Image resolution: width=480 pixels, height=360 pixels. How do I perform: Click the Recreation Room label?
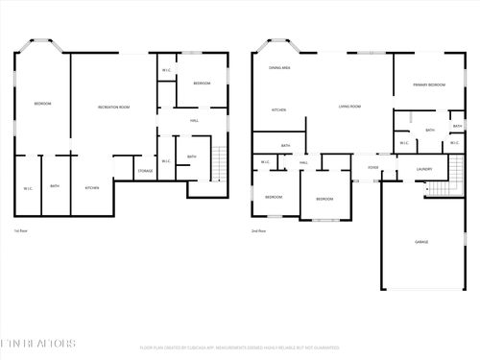point(113,107)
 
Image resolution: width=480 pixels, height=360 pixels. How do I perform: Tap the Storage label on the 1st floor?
point(145,171)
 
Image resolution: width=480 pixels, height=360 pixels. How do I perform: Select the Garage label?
point(421,242)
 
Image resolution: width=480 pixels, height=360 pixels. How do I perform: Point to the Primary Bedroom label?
point(428,85)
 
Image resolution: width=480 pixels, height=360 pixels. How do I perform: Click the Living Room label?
point(348,107)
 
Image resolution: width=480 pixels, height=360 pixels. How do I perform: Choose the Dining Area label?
point(279,68)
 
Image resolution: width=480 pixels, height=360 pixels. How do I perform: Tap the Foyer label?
point(372,168)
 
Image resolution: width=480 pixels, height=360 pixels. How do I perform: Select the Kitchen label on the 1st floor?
point(92,187)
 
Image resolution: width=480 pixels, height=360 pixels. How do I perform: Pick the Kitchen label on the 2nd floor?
point(278,109)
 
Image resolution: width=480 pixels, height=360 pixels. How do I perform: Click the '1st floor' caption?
point(20,231)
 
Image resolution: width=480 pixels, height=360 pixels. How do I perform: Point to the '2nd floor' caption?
point(258,231)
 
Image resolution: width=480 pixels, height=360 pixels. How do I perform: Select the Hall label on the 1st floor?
point(194,121)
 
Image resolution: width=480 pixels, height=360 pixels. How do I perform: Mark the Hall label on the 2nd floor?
point(303,163)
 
